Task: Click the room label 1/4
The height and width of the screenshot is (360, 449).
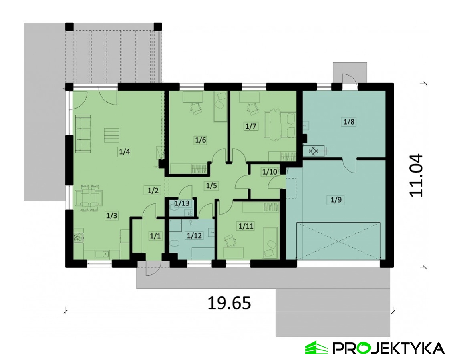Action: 125,151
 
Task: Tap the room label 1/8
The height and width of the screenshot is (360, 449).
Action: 349,122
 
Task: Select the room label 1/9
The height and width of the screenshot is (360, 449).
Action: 336,200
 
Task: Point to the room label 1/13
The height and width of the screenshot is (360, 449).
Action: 182,203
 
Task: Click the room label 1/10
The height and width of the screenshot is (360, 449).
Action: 270,172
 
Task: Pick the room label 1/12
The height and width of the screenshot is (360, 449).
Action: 194,236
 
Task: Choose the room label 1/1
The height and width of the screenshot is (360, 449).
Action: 155,236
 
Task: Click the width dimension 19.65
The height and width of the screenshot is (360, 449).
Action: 229,303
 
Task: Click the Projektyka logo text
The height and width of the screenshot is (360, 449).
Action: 388,348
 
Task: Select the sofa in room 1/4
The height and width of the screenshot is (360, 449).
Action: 83,134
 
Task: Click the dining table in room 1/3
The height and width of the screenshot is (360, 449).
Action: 89,198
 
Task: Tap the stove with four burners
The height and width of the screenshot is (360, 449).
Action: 78,237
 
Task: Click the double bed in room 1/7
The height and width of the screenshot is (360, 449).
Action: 280,126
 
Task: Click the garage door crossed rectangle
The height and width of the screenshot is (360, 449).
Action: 339,240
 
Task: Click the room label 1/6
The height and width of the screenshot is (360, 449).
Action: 200,140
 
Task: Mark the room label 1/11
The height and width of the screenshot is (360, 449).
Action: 246,226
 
